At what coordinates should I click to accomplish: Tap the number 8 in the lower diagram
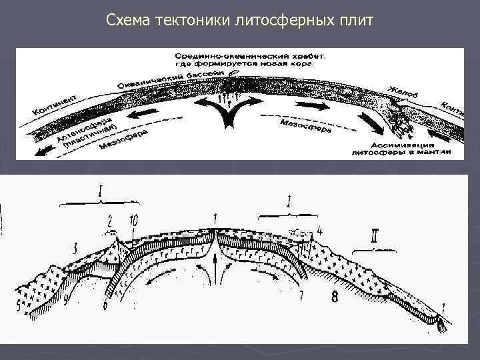(x=334, y=297)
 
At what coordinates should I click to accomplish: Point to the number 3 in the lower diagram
(x=75, y=249)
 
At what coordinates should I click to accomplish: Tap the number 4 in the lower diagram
(x=321, y=231)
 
